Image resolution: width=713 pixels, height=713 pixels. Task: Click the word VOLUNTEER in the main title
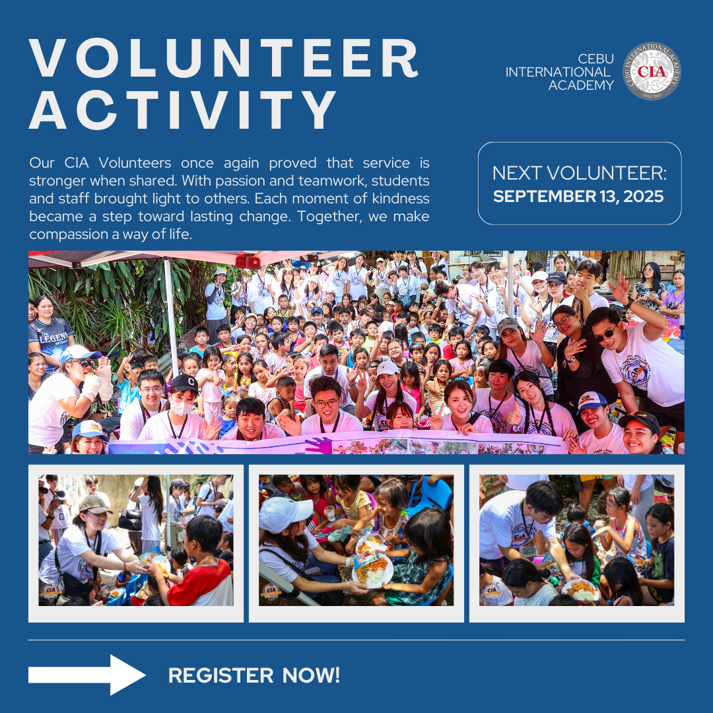(x=223, y=58)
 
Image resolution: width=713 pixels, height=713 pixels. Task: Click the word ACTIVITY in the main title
(x=182, y=109)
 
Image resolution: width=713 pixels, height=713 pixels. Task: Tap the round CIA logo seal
(x=651, y=71)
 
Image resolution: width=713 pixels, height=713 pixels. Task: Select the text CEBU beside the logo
(x=595, y=59)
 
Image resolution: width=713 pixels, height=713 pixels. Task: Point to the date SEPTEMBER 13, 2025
(x=578, y=197)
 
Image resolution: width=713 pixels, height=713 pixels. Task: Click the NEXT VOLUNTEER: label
(x=580, y=173)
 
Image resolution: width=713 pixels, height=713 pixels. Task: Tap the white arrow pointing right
(x=87, y=675)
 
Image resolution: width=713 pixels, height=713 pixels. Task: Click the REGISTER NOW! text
(x=254, y=675)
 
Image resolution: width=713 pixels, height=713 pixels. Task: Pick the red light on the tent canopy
(x=248, y=261)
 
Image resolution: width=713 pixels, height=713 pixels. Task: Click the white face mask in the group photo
(x=180, y=407)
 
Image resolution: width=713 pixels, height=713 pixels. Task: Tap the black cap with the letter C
(x=184, y=383)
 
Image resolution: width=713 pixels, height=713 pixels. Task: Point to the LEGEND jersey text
(x=54, y=338)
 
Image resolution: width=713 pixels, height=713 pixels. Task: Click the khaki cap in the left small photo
(x=95, y=504)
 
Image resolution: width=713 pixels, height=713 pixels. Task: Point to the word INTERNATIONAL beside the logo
(x=558, y=72)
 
